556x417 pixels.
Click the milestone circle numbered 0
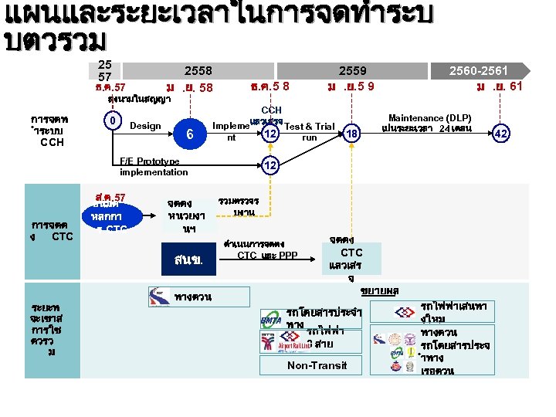tap(113, 121)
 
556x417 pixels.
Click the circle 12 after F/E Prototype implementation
tap(270, 165)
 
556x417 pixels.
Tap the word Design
tap(146, 126)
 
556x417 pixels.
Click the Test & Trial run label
tap(309, 131)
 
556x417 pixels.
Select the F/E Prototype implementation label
tap(154, 167)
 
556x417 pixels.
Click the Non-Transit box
tap(317, 365)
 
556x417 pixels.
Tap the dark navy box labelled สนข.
tap(188, 258)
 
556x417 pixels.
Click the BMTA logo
tap(272, 317)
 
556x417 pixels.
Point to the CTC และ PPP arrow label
tap(267, 255)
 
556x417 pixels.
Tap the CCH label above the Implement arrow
tap(272, 110)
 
